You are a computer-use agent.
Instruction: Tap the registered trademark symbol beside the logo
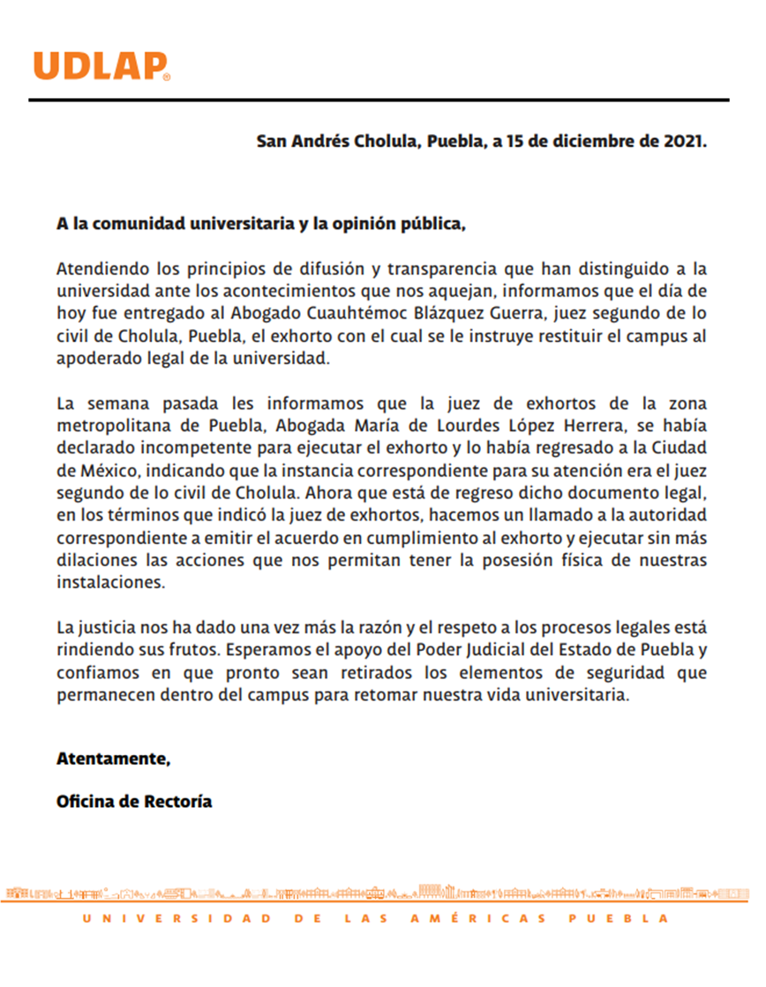(167, 77)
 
